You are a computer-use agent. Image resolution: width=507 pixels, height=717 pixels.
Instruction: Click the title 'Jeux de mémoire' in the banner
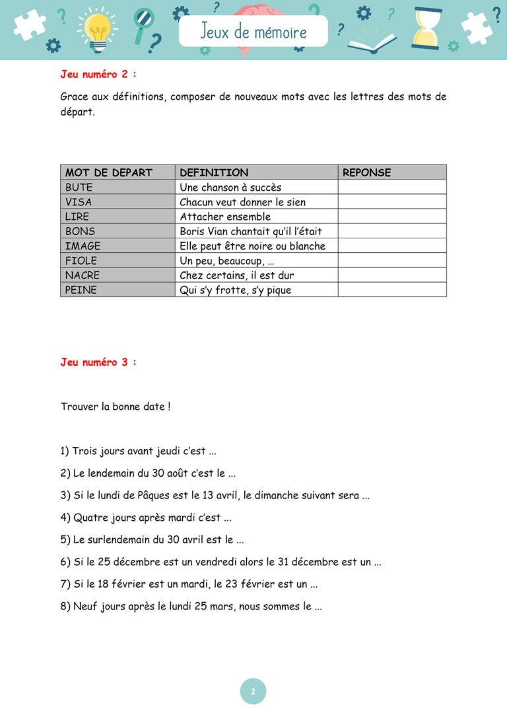click(x=253, y=32)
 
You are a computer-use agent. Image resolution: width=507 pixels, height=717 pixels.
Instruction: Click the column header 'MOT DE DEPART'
click(x=109, y=172)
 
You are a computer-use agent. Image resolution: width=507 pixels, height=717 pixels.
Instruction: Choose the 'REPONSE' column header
click(x=367, y=172)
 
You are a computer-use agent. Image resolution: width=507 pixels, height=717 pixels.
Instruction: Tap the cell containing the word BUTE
click(x=79, y=188)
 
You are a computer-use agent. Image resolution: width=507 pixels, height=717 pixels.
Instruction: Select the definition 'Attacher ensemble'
click(x=225, y=217)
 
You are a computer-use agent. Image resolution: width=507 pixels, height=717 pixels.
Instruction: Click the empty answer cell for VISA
click(x=392, y=202)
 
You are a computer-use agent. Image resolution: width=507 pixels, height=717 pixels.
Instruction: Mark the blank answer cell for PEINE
click(x=392, y=290)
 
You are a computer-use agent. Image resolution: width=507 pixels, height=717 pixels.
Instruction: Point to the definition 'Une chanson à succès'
click(x=230, y=188)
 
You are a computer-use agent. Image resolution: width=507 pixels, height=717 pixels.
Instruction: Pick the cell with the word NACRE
click(x=83, y=275)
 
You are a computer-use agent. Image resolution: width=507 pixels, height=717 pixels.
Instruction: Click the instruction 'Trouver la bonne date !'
click(x=116, y=407)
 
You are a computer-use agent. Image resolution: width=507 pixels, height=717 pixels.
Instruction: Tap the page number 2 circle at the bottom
click(x=253, y=691)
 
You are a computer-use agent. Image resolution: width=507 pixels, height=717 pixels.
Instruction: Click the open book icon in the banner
click(x=371, y=40)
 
